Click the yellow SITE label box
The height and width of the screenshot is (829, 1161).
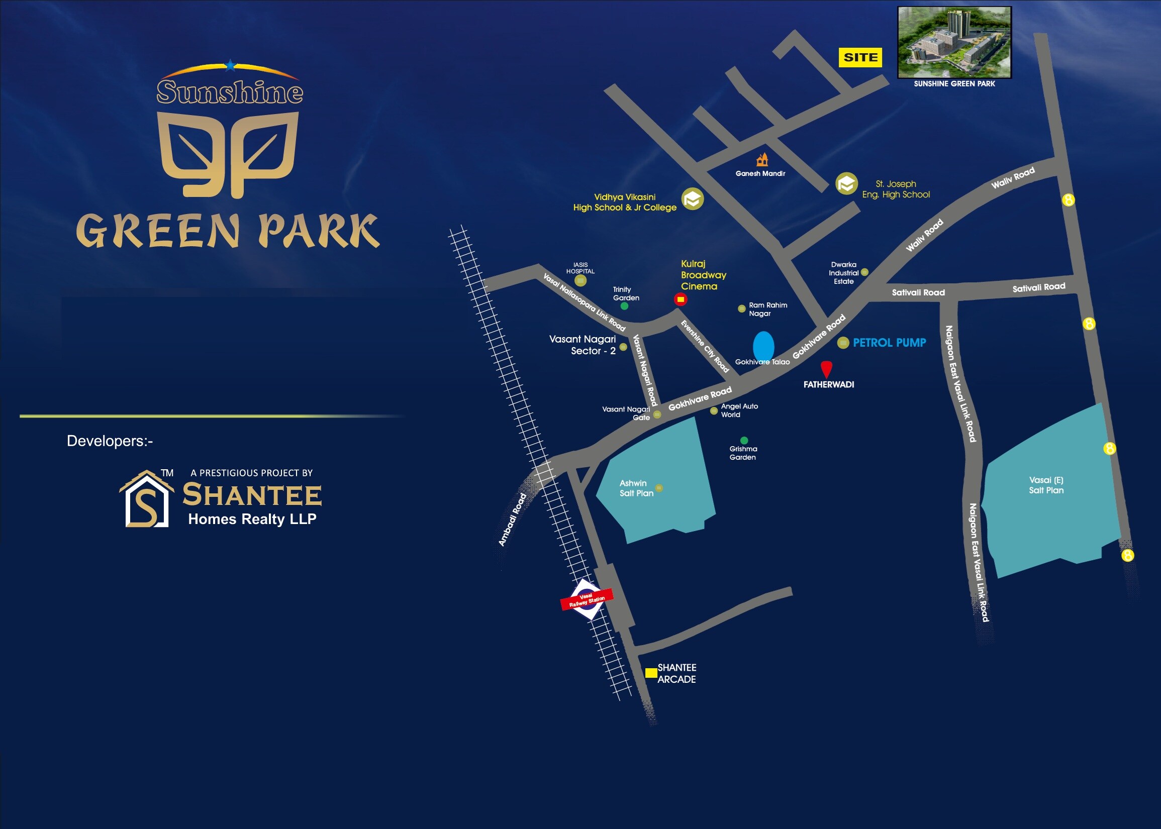tap(860, 57)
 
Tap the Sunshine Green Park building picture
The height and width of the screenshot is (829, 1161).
tap(954, 42)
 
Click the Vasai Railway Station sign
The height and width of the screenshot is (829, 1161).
tap(587, 599)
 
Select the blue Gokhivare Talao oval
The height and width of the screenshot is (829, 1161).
tap(763, 347)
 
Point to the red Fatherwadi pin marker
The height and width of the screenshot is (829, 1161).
tap(826, 369)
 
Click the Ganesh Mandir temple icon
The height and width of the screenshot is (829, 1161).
tap(762, 160)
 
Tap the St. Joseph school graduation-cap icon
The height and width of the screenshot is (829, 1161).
tap(846, 184)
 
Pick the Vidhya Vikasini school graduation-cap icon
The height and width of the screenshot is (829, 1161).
tap(692, 199)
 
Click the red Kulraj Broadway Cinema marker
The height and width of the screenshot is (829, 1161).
tap(680, 299)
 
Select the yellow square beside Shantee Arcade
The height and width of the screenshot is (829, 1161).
tap(651, 673)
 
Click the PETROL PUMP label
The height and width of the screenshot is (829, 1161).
tap(889, 343)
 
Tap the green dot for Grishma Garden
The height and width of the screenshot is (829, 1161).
tap(744, 440)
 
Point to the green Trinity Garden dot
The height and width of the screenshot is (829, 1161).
tap(624, 306)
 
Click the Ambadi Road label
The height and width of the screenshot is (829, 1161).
tap(512, 519)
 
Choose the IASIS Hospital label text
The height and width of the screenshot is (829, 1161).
tap(580, 268)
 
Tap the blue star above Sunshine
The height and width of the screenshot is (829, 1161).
tap(231, 65)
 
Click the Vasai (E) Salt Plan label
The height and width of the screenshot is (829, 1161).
tap(1046, 485)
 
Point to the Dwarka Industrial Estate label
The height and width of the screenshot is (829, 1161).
tap(843, 273)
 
